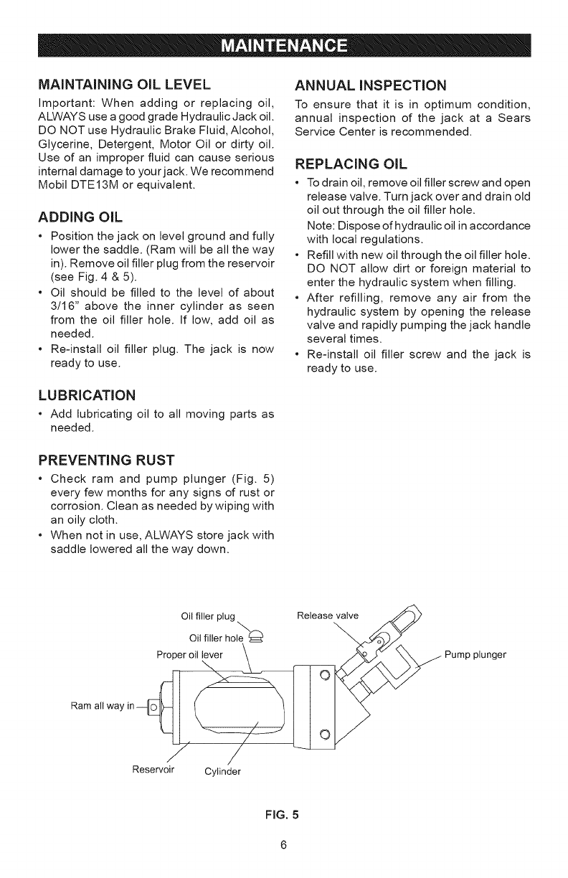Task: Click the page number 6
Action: [284, 844]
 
